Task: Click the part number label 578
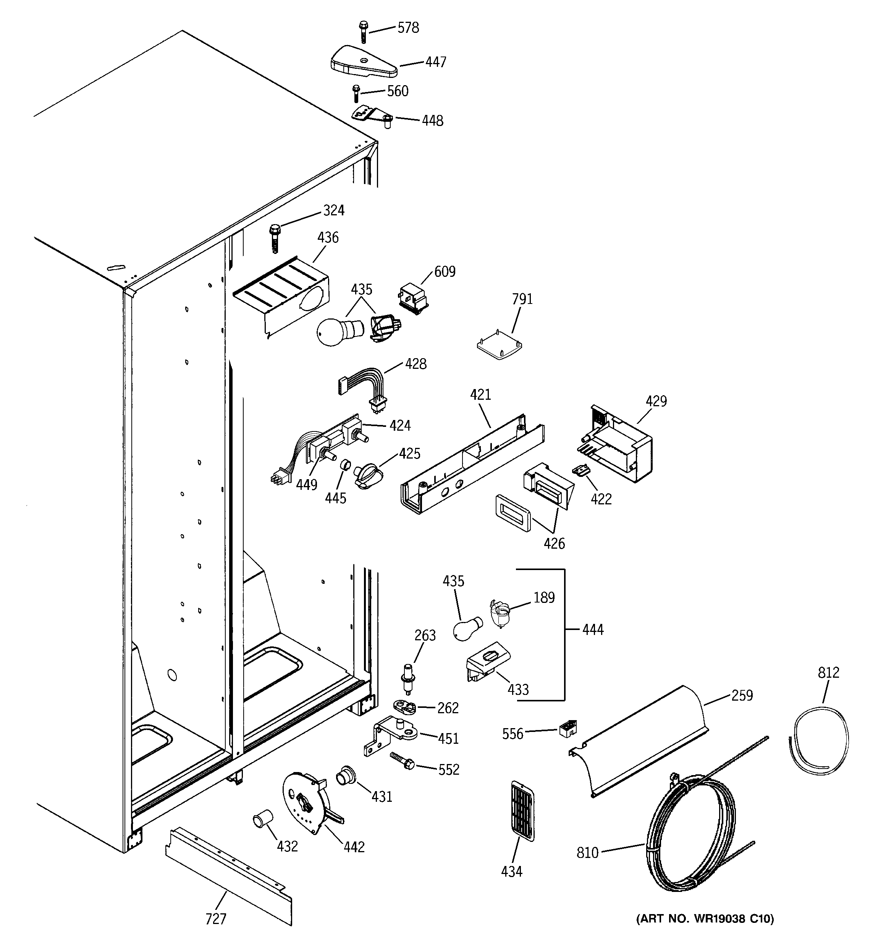coord(408,28)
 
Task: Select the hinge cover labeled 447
coord(363,62)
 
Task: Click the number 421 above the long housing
coord(480,394)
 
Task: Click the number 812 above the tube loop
coord(828,673)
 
